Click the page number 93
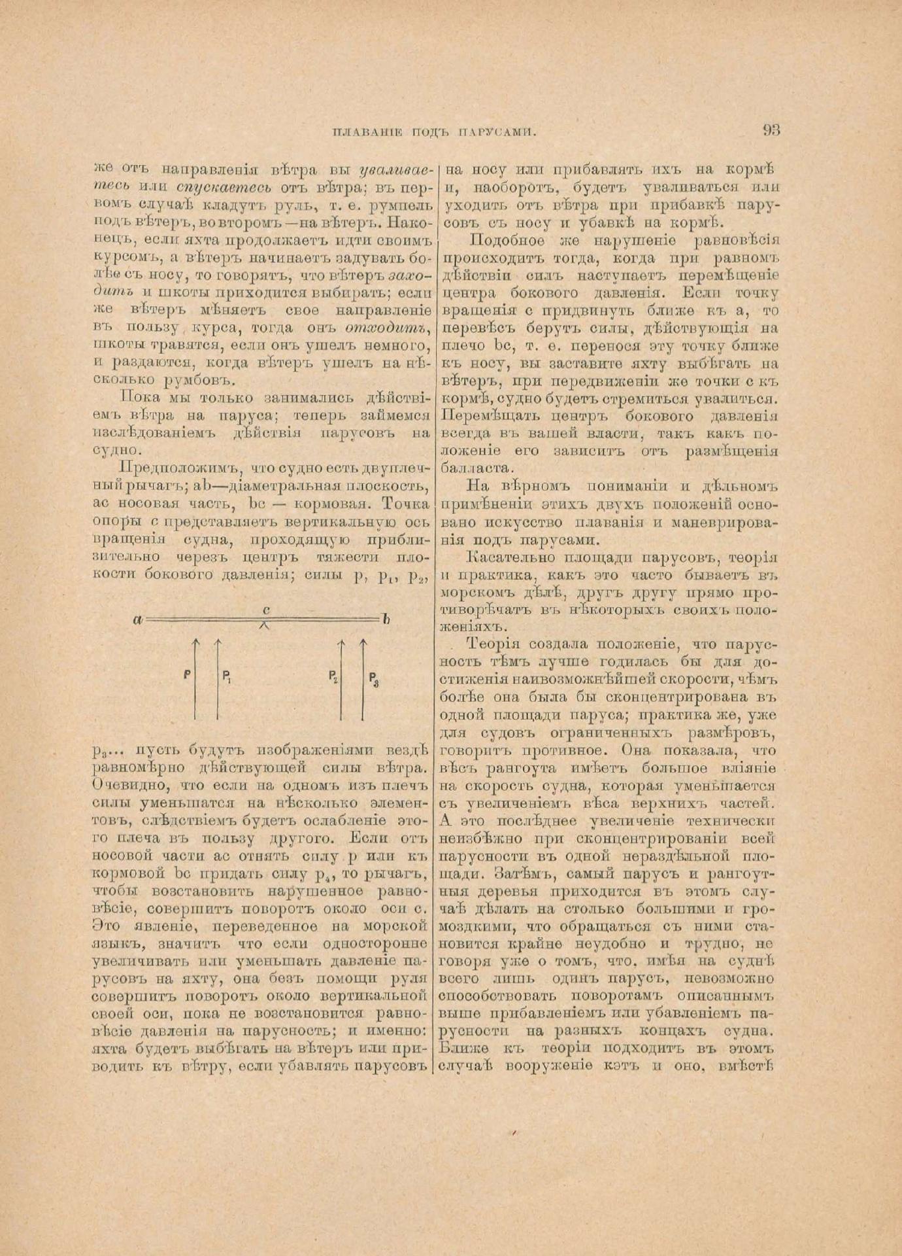click(771, 130)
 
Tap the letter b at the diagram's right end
click(386, 619)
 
